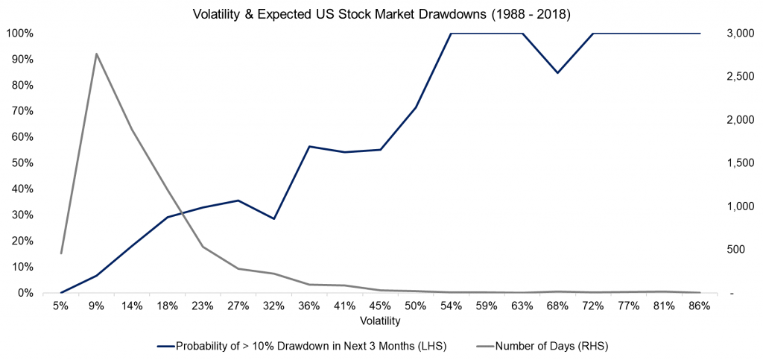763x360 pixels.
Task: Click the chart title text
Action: [x=381, y=14]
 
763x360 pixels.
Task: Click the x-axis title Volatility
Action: [x=380, y=321]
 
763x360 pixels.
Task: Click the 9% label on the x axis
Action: [x=96, y=306]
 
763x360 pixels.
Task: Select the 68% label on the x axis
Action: [x=557, y=306]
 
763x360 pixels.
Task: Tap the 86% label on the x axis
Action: [x=700, y=306]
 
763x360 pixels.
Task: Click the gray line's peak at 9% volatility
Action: [x=96, y=54]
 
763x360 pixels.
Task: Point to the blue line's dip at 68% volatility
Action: [x=557, y=72]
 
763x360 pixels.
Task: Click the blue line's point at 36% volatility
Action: [x=309, y=147]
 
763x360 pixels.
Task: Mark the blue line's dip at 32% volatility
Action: [x=273, y=218]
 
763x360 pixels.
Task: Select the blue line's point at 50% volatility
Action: [x=416, y=107]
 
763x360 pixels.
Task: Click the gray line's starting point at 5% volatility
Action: [x=61, y=253]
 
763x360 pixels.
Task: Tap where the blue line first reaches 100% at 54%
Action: [x=451, y=34]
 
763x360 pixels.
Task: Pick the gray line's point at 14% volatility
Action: [x=132, y=130]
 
